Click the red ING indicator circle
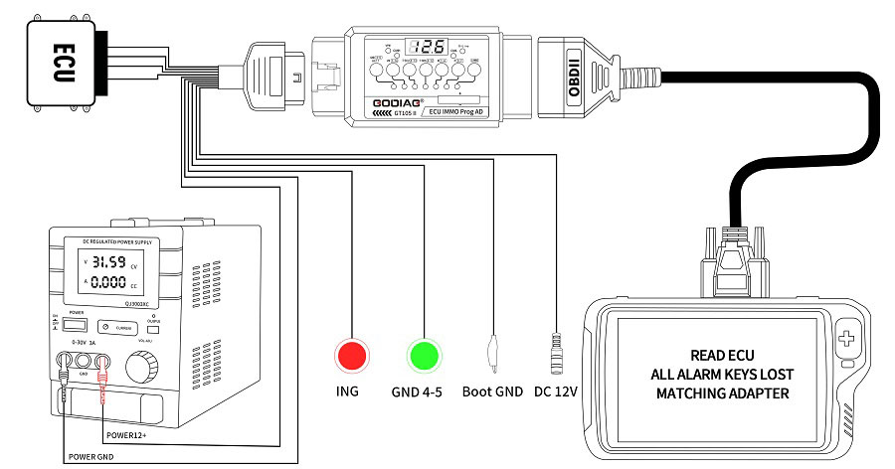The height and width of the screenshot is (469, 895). coord(351,356)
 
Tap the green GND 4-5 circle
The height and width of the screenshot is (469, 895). coord(424,356)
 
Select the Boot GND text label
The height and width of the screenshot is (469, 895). coord(492,391)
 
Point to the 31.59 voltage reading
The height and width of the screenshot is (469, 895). coord(110,263)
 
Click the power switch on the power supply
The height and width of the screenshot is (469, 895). coord(72,324)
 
